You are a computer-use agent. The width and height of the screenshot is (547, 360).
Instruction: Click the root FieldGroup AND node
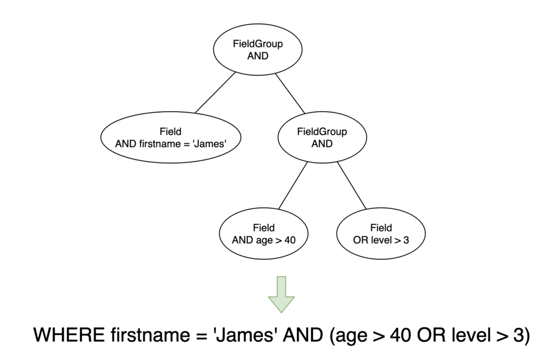[x=258, y=50]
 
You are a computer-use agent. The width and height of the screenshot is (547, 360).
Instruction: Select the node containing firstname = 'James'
[x=170, y=137]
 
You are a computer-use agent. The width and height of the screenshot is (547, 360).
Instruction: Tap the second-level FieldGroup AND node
[x=322, y=137]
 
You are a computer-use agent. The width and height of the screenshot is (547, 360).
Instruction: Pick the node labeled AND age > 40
[x=263, y=234]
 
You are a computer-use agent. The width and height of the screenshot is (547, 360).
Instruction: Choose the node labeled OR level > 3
[x=381, y=234]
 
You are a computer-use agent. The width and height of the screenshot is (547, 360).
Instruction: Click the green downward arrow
[x=282, y=294]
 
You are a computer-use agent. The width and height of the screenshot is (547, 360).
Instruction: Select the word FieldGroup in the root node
[x=258, y=44]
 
